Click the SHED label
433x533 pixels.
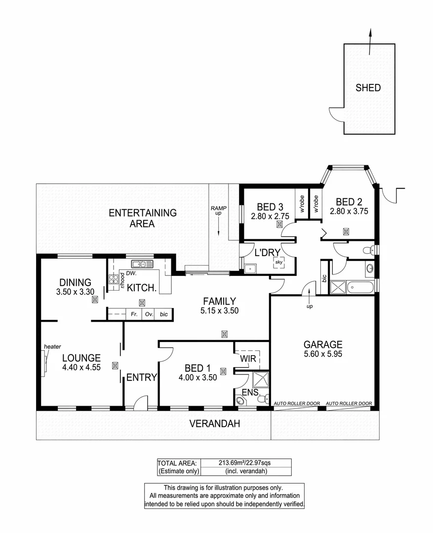(368, 88)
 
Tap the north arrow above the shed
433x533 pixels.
(370, 36)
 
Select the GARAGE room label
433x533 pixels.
(323, 344)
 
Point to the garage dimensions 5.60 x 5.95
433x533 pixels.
(323, 354)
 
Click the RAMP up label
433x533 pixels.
(218, 211)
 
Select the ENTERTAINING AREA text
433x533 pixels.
(142, 218)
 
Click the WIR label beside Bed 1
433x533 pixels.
(248, 359)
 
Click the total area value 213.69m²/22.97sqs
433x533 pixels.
(245, 463)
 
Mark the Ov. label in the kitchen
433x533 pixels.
(149, 314)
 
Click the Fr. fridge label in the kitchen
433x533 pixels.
(133, 314)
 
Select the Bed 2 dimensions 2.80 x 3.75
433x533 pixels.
(349, 211)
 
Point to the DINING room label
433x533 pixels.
(76, 283)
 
